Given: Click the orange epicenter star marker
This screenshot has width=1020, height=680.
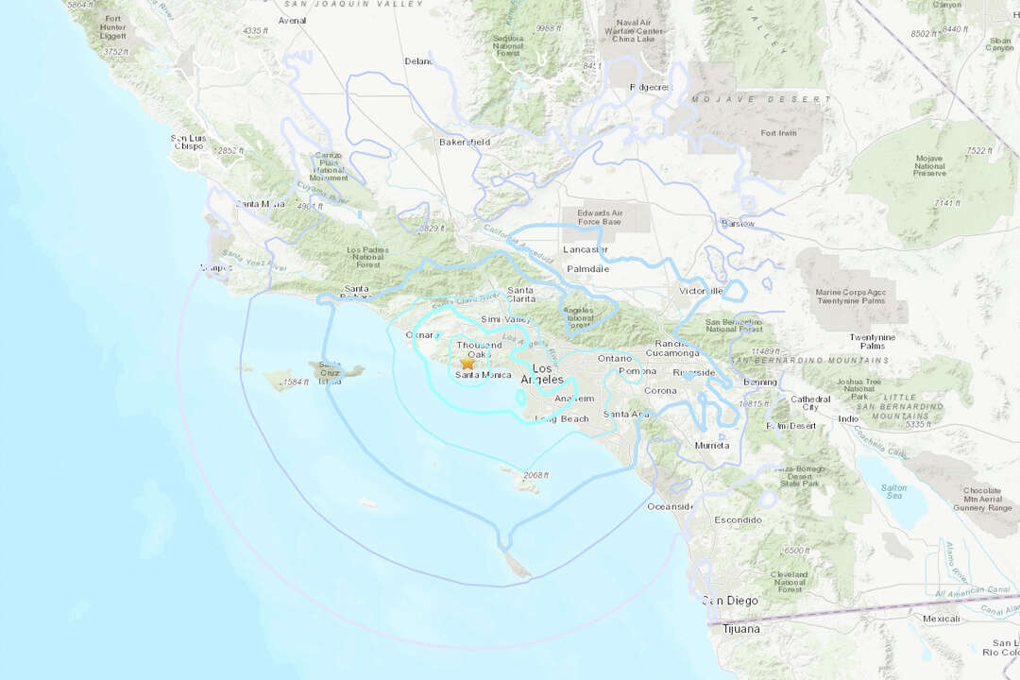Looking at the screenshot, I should (467, 363).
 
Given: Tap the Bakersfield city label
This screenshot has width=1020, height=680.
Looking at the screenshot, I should (465, 143).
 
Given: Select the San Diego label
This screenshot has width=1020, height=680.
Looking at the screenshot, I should (728, 601).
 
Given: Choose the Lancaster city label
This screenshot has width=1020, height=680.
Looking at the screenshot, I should (586, 249).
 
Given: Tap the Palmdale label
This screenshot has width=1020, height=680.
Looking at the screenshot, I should (588, 269).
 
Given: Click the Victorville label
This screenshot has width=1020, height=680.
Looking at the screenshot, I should (701, 291).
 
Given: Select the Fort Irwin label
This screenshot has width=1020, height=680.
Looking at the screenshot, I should (779, 133).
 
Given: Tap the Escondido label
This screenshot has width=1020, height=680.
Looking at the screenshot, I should (738, 520).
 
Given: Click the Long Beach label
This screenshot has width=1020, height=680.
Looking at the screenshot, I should (562, 418).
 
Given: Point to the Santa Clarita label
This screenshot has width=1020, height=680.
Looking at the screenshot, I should (520, 295).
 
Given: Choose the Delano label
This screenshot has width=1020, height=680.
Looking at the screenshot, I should (419, 61).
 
